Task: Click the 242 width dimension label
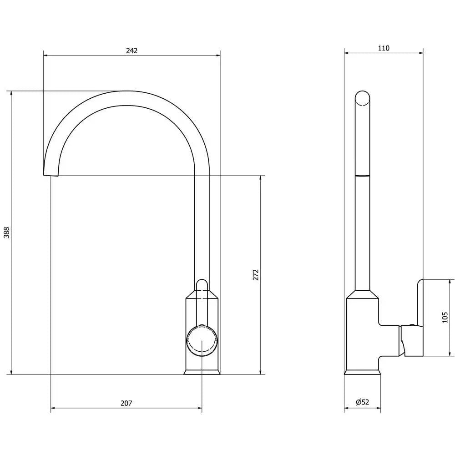click(x=132, y=51)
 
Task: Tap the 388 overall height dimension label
click(x=6, y=233)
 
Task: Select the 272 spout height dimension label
click(x=256, y=275)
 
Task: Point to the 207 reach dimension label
click(x=126, y=403)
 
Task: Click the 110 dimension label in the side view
click(x=384, y=48)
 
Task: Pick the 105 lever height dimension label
click(x=445, y=318)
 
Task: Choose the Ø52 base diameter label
click(x=363, y=402)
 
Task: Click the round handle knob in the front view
click(x=202, y=341)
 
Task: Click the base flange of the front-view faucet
click(x=202, y=372)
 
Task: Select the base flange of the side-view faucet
click(x=363, y=372)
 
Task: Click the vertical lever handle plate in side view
click(x=420, y=318)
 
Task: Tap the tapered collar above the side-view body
click(x=363, y=294)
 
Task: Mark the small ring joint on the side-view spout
click(x=363, y=176)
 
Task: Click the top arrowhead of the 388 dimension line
click(x=11, y=93)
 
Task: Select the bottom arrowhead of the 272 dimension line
click(x=261, y=372)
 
